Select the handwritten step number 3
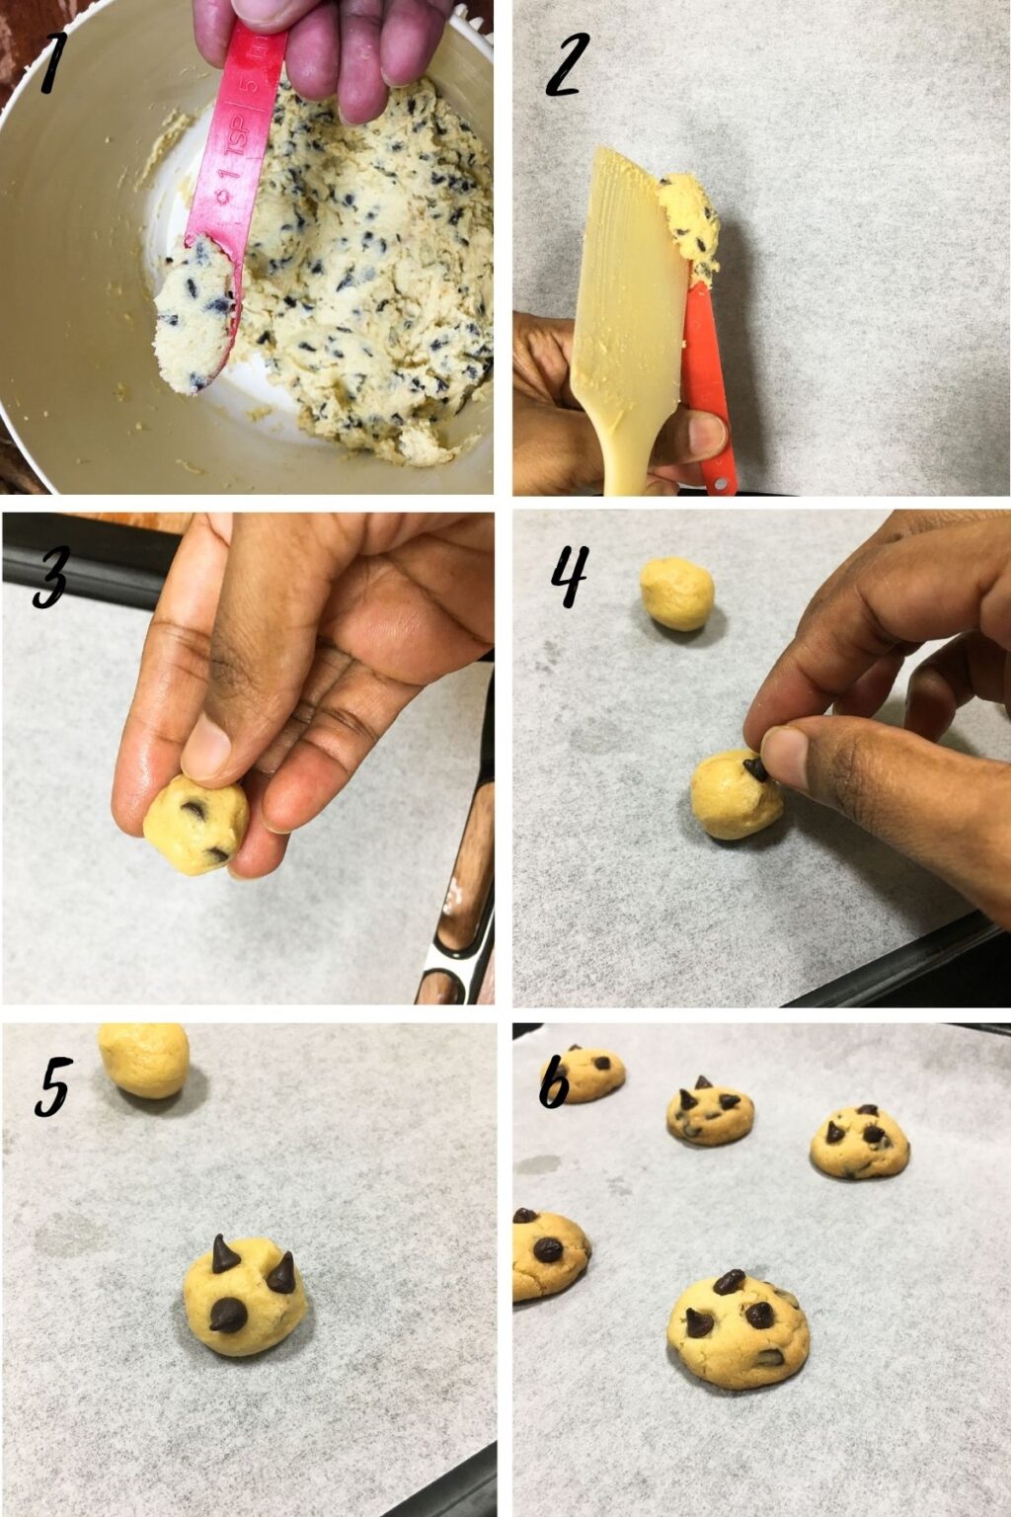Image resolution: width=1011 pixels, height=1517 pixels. pyautogui.click(x=49, y=577)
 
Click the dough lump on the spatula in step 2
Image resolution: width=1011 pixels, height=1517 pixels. pyautogui.click(x=691, y=218)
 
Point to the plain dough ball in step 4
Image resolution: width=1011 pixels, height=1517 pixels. pyautogui.click(x=676, y=593)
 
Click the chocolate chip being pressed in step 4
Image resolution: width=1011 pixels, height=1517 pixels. pyautogui.click(x=754, y=768)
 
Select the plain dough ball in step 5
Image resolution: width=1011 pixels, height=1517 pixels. pyautogui.click(x=145, y=1059)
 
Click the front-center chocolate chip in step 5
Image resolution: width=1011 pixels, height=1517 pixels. pyautogui.click(x=229, y=1314)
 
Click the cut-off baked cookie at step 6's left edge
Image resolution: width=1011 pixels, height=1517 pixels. pyautogui.click(x=545, y=1252)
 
